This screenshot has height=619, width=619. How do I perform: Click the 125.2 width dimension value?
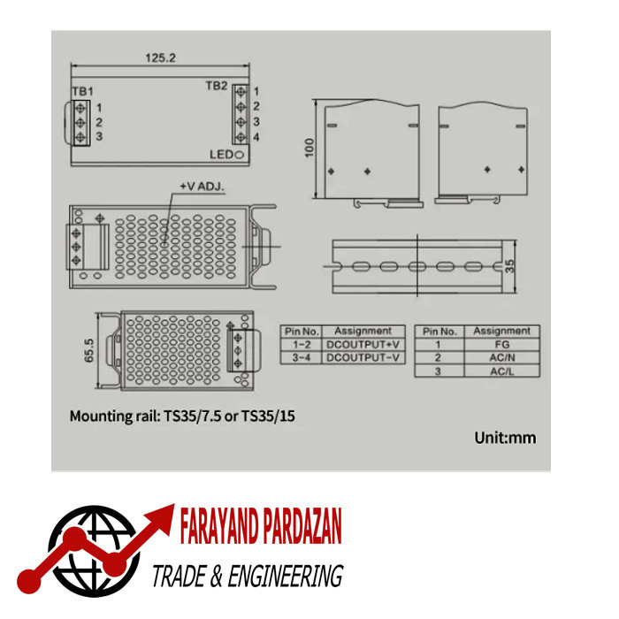coord(160,58)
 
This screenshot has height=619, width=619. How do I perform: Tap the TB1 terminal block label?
coord(82,92)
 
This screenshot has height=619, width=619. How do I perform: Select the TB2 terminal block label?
coord(217,86)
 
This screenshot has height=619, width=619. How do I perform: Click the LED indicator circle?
coord(239,155)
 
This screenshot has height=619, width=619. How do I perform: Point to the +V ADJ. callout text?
coord(203,186)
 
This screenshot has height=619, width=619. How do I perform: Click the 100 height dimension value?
coord(309,148)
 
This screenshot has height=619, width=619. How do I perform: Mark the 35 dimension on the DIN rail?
coord(509,266)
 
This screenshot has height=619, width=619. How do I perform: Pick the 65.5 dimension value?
coord(89,350)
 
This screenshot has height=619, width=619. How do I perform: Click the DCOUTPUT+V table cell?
coord(363,345)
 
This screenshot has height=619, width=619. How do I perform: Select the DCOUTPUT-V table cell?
coord(363,357)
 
